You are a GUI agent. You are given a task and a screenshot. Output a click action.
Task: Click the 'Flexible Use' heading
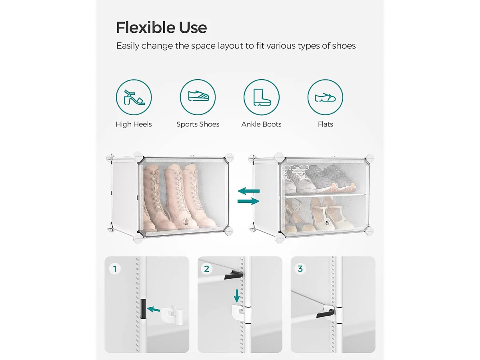(161, 28)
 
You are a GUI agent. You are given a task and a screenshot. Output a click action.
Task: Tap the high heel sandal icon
(134, 97)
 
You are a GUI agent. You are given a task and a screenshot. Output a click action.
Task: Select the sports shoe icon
(198, 97)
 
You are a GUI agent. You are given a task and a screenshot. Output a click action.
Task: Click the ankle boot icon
(262, 97)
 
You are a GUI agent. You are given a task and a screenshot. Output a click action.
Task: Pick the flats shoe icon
(325, 97)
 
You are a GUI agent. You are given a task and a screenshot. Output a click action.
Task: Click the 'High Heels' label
(134, 124)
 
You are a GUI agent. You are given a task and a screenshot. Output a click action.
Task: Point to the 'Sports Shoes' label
(198, 124)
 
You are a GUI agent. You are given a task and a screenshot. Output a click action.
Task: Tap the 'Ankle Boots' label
(261, 124)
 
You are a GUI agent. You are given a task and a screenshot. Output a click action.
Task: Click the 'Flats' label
(325, 124)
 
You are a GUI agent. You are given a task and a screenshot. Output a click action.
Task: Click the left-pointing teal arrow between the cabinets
(249, 191)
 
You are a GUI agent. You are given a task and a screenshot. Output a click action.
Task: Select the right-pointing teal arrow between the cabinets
(248, 201)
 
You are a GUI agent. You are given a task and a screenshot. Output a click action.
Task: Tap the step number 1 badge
(115, 269)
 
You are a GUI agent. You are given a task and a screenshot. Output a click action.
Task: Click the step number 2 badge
(207, 269)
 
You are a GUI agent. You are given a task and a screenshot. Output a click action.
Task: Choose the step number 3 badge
(300, 269)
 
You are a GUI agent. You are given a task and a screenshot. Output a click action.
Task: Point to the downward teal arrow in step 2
(237, 296)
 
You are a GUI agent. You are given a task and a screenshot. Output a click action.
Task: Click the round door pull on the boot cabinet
(186, 222)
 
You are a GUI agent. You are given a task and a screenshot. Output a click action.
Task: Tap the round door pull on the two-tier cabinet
(327, 222)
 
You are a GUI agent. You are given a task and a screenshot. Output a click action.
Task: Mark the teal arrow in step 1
(154, 309)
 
